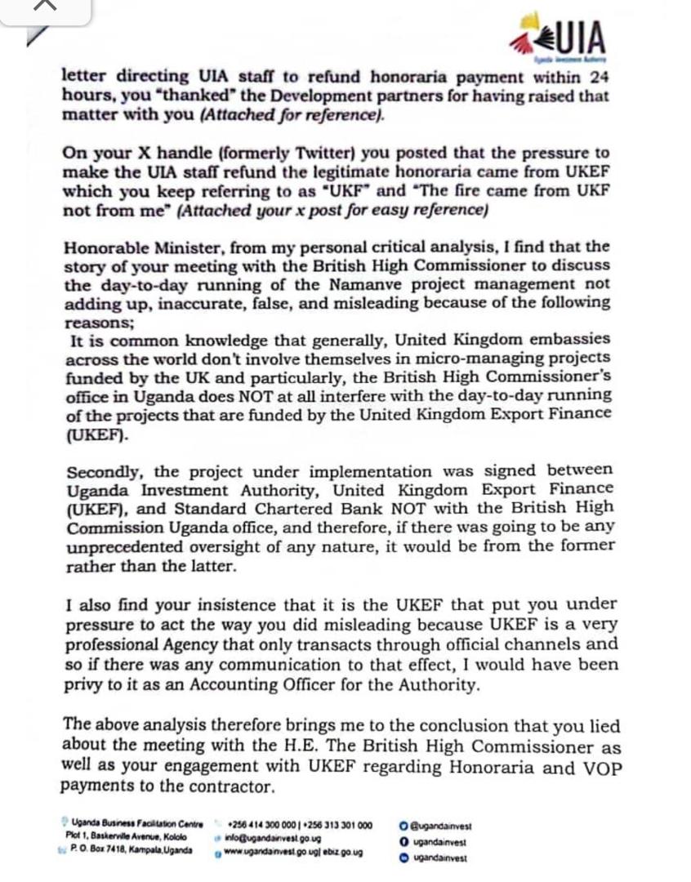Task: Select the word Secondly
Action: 104,471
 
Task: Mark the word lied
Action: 603,726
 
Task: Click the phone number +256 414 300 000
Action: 264,826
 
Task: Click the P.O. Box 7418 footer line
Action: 130,850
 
